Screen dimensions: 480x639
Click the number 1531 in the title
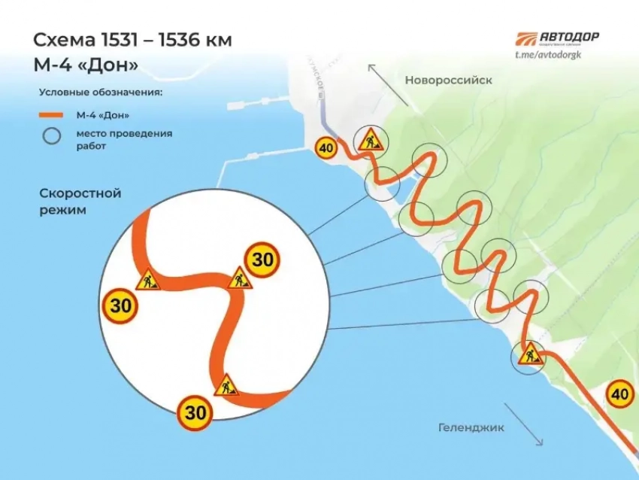point(114,40)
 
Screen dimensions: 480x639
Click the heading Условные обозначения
point(101,93)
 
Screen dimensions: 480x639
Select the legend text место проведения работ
point(123,139)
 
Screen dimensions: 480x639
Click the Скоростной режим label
point(80,202)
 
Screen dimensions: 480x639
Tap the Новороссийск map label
point(448,80)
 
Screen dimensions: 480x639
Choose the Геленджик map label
point(470,427)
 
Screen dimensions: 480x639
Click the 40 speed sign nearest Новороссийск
point(326,148)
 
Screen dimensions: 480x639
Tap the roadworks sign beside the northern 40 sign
point(370,139)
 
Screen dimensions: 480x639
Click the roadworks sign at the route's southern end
point(530,354)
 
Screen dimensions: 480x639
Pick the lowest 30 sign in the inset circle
point(195,412)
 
